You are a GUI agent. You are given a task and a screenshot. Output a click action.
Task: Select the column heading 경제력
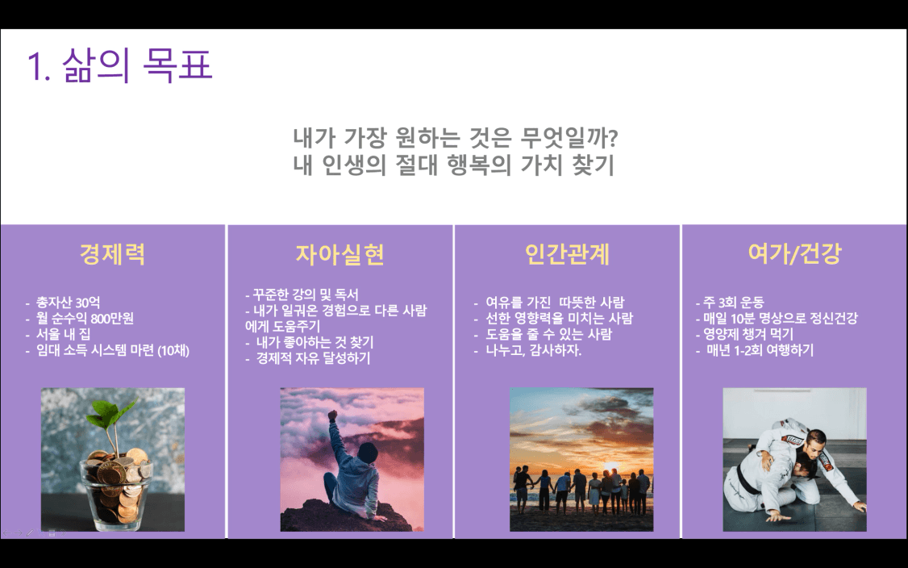(112, 254)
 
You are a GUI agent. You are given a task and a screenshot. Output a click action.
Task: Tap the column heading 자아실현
(340, 254)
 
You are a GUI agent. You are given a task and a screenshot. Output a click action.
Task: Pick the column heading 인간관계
(567, 254)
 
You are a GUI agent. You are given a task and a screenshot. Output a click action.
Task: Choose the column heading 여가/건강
(794, 254)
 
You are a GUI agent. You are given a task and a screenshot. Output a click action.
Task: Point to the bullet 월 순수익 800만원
(85, 318)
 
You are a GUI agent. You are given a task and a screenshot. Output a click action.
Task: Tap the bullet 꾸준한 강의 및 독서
(305, 294)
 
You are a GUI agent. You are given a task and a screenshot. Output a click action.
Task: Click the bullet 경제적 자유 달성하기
(313, 358)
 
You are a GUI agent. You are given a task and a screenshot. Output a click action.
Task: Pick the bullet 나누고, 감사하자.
(533, 350)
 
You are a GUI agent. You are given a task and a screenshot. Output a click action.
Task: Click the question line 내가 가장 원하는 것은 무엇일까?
(455, 138)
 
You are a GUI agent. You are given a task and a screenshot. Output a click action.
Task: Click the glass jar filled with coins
(116, 487)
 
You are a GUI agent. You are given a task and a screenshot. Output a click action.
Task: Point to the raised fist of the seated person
(332, 415)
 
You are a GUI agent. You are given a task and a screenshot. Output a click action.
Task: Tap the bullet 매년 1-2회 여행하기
(760, 350)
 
